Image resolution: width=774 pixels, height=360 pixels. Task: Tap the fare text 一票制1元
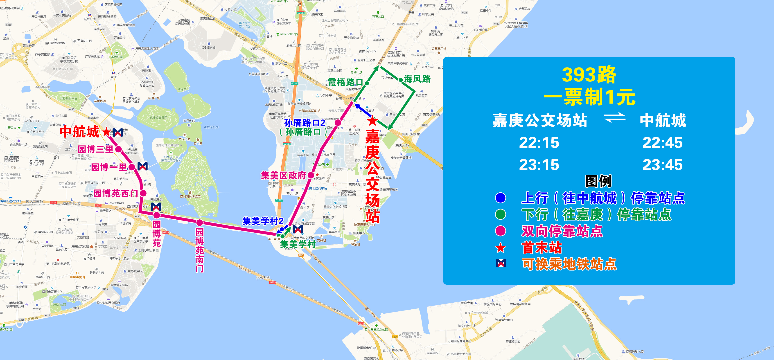coord(589,97)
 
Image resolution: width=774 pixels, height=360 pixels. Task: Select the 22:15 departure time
coord(539,143)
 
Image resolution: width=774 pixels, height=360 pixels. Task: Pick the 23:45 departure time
coord(663,165)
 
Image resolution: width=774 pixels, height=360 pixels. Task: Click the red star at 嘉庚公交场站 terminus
coord(372,121)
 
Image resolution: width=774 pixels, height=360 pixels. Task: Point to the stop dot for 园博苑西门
coord(143,193)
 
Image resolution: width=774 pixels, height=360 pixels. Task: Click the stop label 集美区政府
coord(283,175)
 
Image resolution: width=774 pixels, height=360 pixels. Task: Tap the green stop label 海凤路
coord(417,79)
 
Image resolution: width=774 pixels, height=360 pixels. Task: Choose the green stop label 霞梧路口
coord(345,82)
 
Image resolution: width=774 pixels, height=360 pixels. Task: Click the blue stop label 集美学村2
coord(263,221)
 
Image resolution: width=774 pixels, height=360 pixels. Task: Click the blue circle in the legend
coord(501,198)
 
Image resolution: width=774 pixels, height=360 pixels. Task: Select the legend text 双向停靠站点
coord(562,231)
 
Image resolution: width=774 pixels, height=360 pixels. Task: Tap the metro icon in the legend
coord(501,263)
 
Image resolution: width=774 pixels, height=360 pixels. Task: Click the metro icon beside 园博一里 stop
coord(142,166)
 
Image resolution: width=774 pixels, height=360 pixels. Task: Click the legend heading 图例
coord(598,181)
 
